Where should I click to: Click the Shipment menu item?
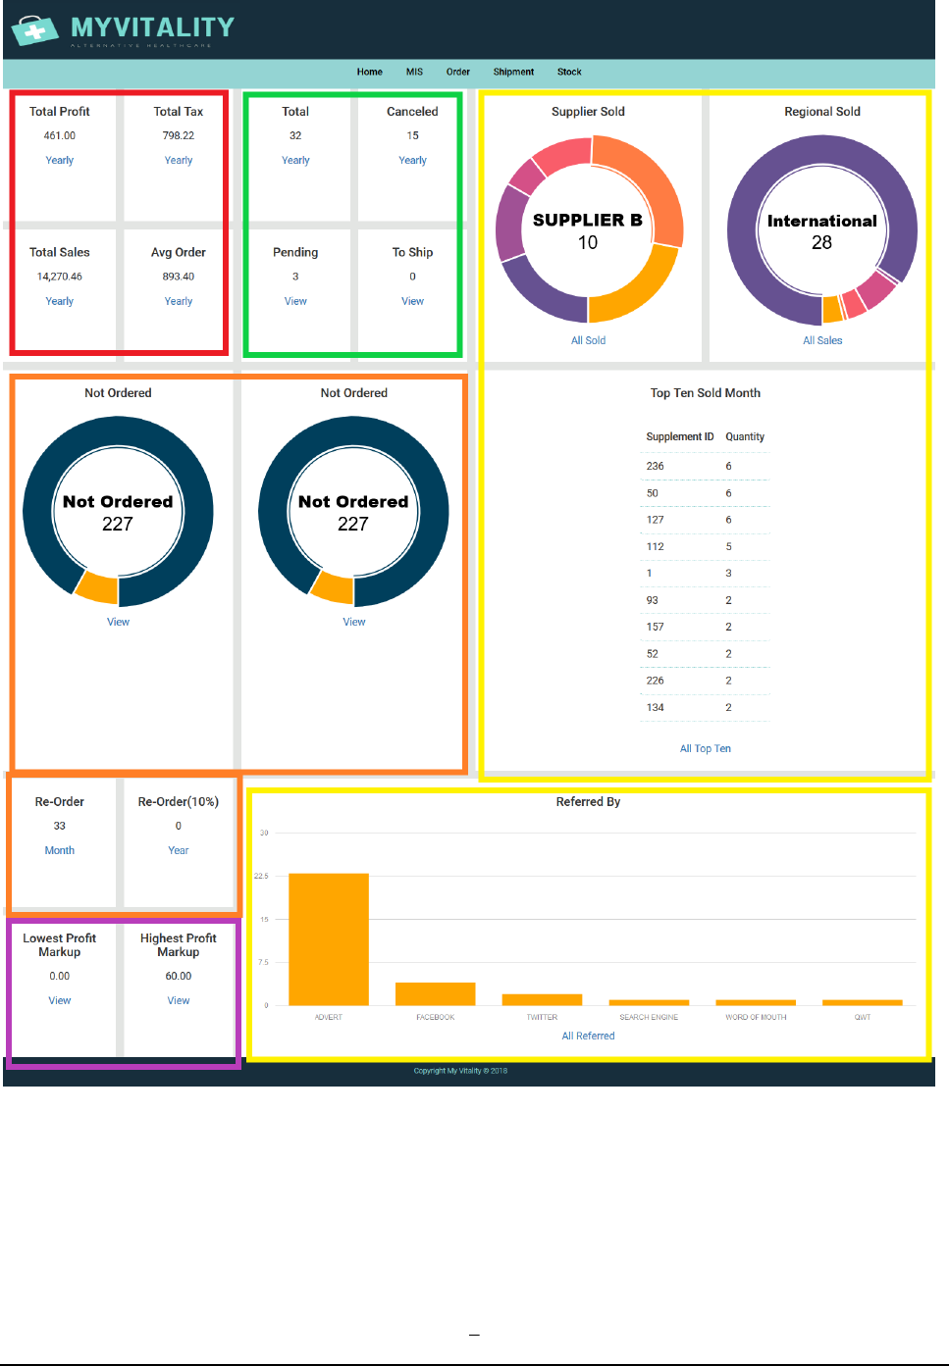(x=513, y=72)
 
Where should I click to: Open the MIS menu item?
(x=414, y=72)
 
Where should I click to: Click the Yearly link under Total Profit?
(x=60, y=160)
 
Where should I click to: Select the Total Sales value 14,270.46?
(x=60, y=277)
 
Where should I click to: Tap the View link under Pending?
(x=295, y=301)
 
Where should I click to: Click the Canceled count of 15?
(x=412, y=135)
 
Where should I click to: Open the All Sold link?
(x=588, y=340)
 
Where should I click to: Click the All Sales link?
(x=822, y=340)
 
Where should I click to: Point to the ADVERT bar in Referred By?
(x=329, y=938)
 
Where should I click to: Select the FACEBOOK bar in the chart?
(x=435, y=993)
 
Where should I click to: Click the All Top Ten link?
(x=706, y=748)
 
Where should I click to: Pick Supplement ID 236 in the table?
(x=656, y=466)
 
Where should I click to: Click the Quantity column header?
(x=745, y=436)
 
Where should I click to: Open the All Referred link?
(x=588, y=1036)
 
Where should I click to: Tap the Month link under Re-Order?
(x=60, y=850)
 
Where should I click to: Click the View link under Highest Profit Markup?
(x=179, y=1000)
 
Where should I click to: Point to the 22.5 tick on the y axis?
(x=261, y=876)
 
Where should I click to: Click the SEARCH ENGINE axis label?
(x=649, y=1017)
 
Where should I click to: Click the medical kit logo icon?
(x=35, y=30)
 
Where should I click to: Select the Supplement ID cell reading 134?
(x=656, y=707)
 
